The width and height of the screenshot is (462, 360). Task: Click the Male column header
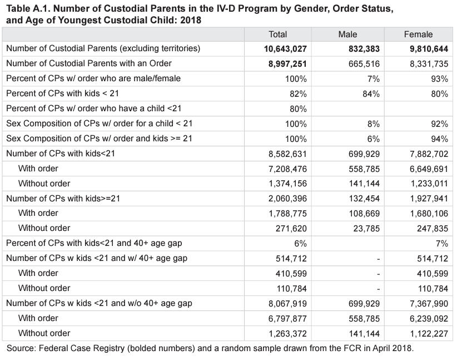coord(347,34)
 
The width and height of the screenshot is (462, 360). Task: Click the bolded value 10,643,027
coord(285,49)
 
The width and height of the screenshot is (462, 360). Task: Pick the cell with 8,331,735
coord(429,64)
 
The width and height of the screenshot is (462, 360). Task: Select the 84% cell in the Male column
coord(371,94)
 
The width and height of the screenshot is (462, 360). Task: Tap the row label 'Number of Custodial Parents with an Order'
coord(89,64)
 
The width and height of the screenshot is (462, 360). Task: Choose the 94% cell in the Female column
coord(439,139)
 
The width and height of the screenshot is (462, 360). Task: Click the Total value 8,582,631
coord(287,154)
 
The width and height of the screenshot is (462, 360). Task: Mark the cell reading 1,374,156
coord(287,184)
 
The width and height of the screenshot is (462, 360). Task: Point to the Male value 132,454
coord(364,199)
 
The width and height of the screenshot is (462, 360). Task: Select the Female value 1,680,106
coord(429,213)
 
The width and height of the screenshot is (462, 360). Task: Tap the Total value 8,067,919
coord(287,303)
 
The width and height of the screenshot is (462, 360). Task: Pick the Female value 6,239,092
coord(429,318)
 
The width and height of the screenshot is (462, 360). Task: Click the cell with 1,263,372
coord(287,333)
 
